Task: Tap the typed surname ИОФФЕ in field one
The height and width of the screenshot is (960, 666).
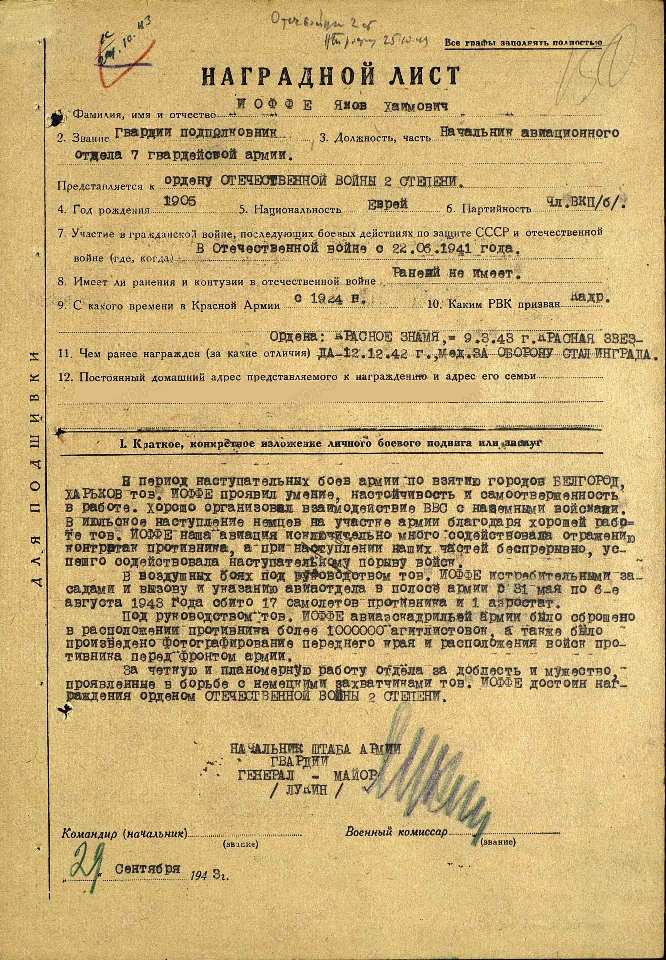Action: [x=273, y=106]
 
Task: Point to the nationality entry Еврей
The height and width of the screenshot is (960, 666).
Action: [x=387, y=203]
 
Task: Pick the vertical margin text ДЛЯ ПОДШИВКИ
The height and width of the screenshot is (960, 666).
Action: [x=37, y=530]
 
